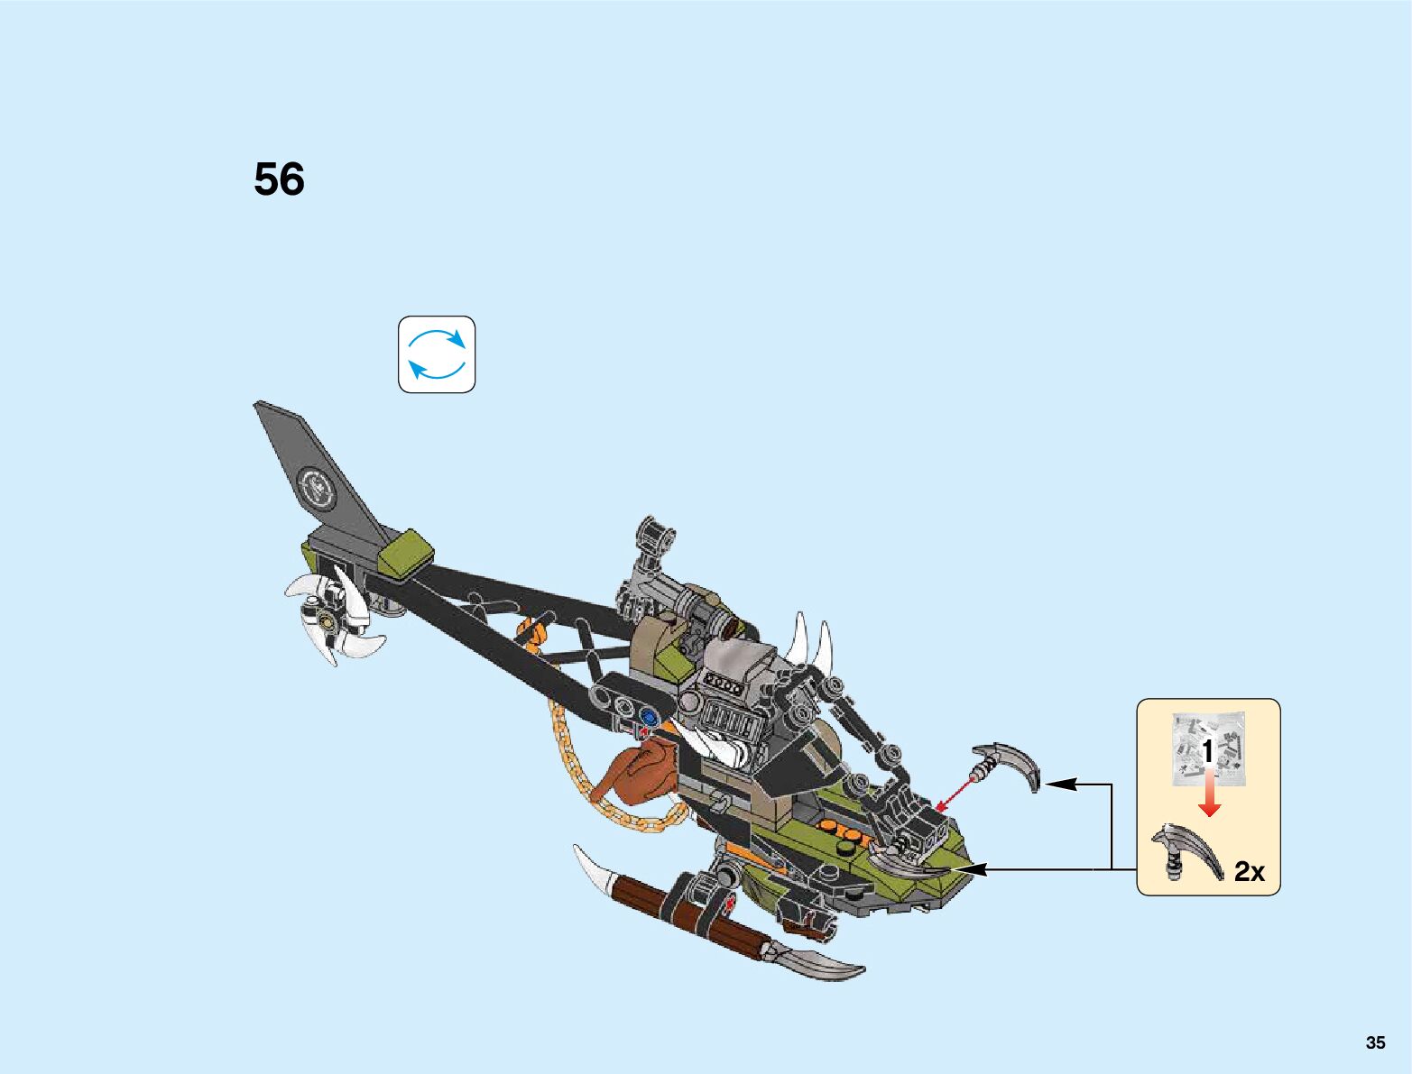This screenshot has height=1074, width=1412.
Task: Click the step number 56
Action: pyautogui.click(x=279, y=179)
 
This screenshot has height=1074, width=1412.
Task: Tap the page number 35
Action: pyautogui.click(x=1375, y=1042)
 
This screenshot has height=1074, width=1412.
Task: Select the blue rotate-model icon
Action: pyautogui.click(x=437, y=354)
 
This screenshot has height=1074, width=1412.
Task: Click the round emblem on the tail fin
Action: pyautogui.click(x=318, y=489)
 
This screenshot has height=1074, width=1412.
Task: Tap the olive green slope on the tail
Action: pyautogui.click(x=405, y=552)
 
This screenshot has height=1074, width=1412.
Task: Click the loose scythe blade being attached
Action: pyautogui.click(x=1011, y=764)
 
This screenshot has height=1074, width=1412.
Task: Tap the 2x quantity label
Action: pyautogui.click(x=1249, y=871)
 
